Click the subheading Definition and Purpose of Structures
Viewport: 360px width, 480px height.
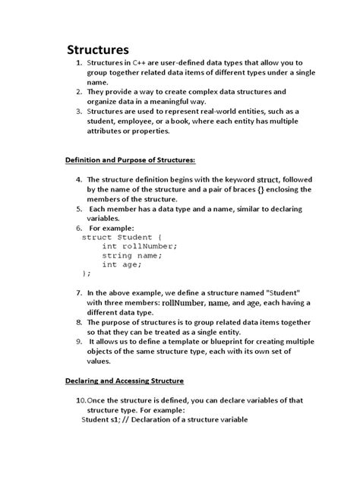point(128,159)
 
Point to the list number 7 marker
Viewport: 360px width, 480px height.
point(80,292)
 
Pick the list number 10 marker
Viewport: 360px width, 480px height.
point(80,399)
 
